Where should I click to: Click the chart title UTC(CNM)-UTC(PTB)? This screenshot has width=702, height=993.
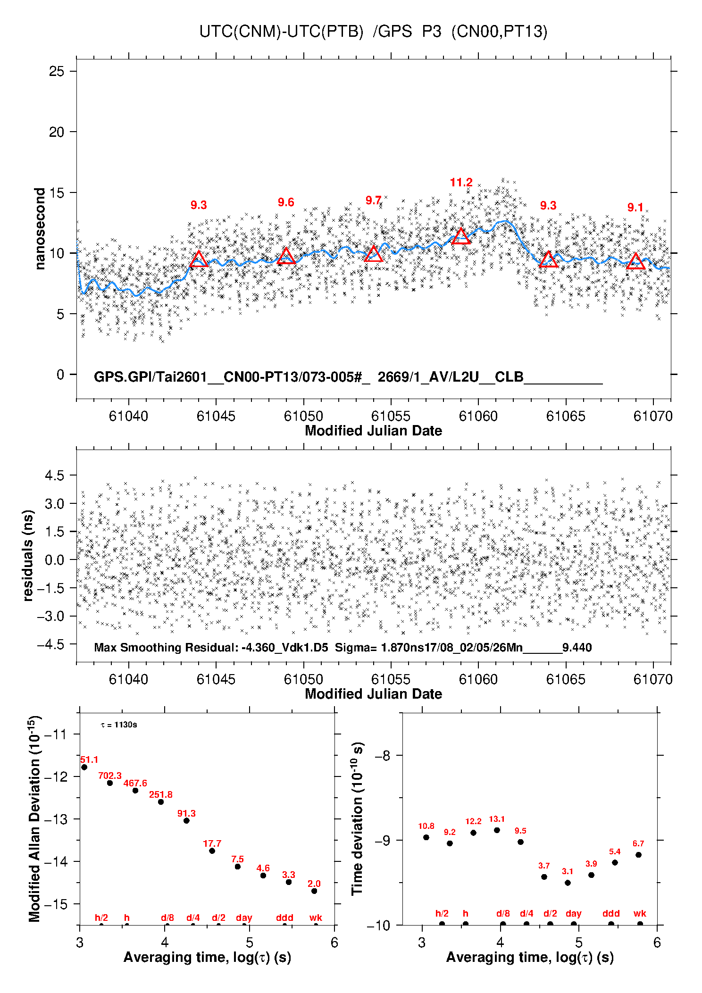pos(281,32)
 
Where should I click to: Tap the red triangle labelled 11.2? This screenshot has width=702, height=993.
pos(461,236)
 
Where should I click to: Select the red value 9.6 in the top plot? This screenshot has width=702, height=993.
pos(286,202)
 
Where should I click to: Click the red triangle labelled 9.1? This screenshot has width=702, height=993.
pos(635,261)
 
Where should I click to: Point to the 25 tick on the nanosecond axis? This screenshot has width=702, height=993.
pos(57,71)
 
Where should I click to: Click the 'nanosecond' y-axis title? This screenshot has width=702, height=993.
pos(40,228)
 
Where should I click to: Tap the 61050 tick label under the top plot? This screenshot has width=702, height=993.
pos(303,416)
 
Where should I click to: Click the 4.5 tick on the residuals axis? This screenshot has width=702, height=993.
pos(54,476)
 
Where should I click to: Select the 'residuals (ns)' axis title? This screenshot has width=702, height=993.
pos(28,555)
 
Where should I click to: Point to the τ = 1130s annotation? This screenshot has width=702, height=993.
pos(119,725)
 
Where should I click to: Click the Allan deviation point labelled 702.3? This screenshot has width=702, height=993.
pos(110,783)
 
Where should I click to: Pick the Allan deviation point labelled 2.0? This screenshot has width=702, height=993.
pos(314,891)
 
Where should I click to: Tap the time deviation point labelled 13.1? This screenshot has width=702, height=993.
pos(497,830)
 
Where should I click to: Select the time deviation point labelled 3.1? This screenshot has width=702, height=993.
pos(568,883)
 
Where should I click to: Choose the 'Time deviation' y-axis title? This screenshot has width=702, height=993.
pos(357,818)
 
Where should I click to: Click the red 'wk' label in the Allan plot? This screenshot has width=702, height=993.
pos(316,918)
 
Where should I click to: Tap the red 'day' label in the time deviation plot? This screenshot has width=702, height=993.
pos(573,913)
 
